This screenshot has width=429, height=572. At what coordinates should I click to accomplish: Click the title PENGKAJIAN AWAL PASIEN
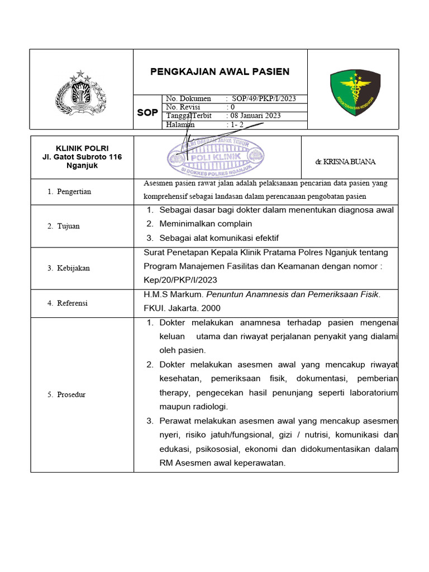[220, 71]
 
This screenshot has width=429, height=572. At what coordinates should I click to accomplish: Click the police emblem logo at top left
[82, 92]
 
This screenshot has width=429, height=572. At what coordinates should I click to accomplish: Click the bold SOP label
[147, 112]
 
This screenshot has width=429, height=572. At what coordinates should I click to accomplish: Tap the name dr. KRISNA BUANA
[345, 161]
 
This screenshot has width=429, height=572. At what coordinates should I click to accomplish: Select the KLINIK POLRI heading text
[82, 148]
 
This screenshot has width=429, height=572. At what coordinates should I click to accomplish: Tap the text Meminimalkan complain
[206, 224]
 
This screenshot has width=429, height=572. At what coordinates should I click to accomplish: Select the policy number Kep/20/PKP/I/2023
[180, 280]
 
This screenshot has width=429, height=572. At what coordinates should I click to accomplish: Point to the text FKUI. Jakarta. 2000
[182, 308]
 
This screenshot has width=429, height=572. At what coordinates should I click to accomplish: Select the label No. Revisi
[183, 107]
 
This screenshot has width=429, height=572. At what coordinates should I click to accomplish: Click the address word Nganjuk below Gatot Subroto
[82, 166]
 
